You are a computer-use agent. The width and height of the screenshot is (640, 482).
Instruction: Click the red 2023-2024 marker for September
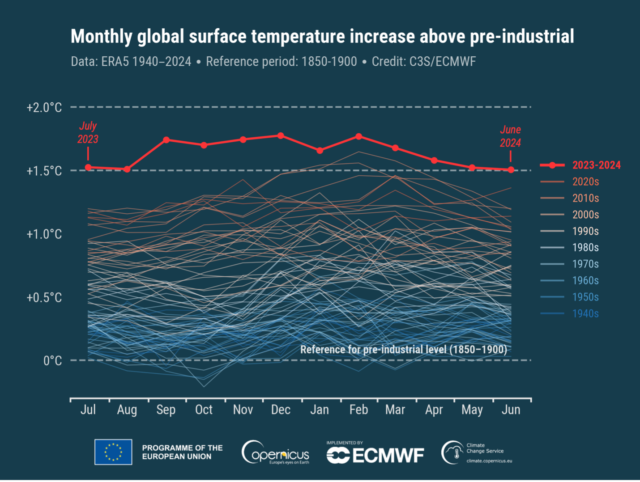pyautogui.click(x=166, y=140)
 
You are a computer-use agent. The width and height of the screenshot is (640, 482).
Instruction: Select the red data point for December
pyautogui.click(x=281, y=135)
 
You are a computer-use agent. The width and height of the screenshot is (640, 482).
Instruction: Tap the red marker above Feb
pyautogui.click(x=359, y=136)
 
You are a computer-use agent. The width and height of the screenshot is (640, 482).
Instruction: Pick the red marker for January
pyautogui.click(x=320, y=151)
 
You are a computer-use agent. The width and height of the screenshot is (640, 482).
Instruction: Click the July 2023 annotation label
pyautogui.click(x=88, y=133)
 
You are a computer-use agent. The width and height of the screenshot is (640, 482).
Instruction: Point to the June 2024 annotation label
pyautogui.click(x=510, y=136)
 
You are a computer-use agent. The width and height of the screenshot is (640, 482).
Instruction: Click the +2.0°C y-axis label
pyautogui.click(x=44, y=108)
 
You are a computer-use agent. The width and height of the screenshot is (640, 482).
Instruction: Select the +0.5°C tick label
pyautogui.click(x=44, y=298)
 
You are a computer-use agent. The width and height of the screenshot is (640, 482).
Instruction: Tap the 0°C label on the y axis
pyautogui.click(x=52, y=361)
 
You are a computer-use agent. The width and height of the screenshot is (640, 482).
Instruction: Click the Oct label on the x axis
pyautogui.click(x=204, y=410)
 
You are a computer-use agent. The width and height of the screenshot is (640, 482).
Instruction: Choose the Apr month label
pyautogui.click(x=434, y=410)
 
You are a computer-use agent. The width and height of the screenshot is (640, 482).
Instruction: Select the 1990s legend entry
pyautogui.click(x=585, y=231)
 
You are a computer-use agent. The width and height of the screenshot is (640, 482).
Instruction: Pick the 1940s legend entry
pyautogui.click(x=585, y=313)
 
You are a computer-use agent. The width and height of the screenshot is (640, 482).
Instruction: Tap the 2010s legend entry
pyautogui.click(x=585, y=198)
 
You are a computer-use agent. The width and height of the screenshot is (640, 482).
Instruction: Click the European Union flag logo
pyautogui.click(x=113, y=452)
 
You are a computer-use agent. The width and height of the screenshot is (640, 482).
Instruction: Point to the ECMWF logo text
pyautogui.click(x=388, y=456)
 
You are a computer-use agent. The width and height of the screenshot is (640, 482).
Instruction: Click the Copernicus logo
pyautogui.click(x=275, y=452)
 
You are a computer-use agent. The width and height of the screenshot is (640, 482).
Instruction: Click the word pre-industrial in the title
pyautogui.click(x=521, y=37)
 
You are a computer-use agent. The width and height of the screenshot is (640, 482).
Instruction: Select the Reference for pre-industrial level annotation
pyautogui.click(x=403, y=349)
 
